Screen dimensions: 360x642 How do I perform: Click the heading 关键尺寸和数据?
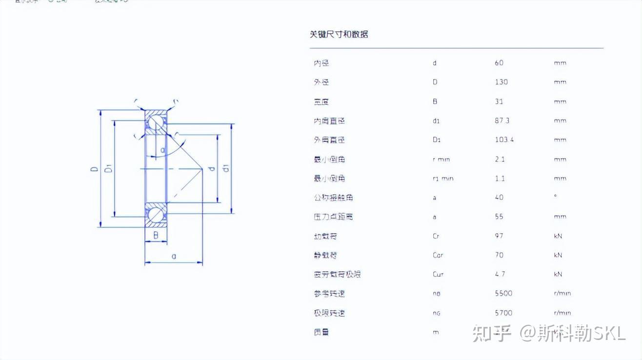339,34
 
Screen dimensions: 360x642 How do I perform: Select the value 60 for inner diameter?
499,63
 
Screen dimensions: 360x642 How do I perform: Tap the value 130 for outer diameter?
502,82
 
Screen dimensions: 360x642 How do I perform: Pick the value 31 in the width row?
499,101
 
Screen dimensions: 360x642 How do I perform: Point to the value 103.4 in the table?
504,140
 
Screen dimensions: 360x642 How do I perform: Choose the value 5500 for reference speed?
503,293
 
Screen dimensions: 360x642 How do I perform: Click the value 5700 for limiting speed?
503,313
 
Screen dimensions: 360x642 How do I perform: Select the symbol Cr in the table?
436,236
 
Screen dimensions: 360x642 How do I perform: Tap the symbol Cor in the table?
438,255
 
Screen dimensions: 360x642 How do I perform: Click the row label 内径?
321,63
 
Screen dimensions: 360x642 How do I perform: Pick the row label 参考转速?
329,294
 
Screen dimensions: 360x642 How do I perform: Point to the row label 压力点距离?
333,217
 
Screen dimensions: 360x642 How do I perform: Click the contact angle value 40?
499,198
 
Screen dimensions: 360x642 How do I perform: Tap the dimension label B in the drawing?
156,236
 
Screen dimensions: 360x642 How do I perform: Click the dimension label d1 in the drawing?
226,168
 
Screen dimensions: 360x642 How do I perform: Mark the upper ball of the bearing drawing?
157,122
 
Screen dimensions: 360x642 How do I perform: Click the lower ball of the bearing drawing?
157,215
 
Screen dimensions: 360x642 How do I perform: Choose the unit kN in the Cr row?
558,236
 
